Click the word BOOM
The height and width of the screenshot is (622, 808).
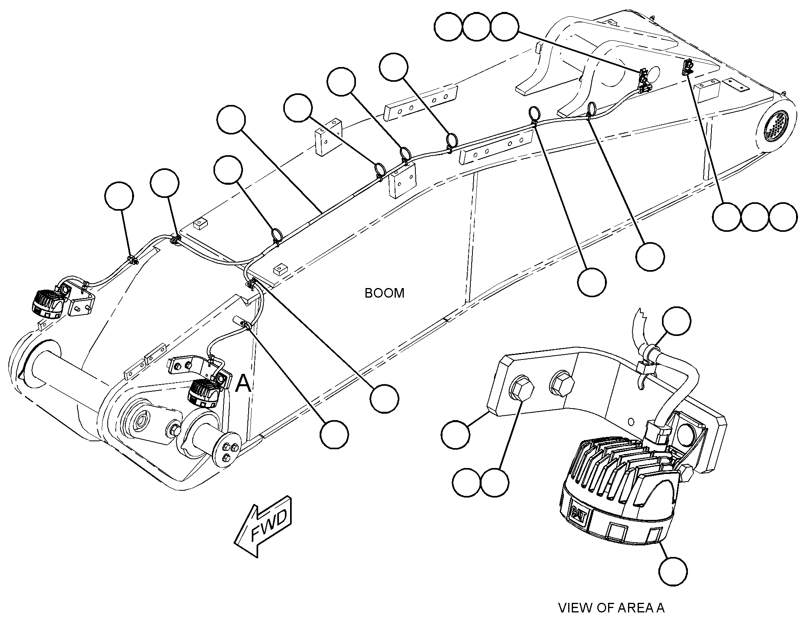tap(384, 293)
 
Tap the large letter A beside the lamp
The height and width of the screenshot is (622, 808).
tap(243, 384)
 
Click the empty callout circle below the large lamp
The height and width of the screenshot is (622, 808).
tap(673, 572)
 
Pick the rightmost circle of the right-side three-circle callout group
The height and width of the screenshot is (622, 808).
tap(783, 217)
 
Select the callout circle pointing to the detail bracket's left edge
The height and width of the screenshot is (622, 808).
tap(455, 434)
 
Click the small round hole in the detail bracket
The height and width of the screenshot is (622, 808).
tap(631, 421)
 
